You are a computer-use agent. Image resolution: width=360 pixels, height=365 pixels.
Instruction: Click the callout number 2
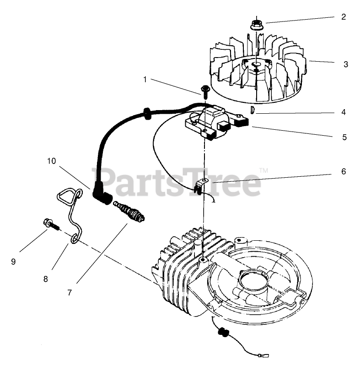click(343, 18)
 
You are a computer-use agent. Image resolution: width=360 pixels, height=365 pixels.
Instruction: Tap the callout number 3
click(345, 64)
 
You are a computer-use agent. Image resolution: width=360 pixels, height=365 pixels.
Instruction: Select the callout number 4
click(343, 112)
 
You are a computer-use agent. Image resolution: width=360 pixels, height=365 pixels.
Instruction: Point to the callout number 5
click(343, 137)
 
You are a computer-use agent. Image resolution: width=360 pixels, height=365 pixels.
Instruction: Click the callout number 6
click(343, 172)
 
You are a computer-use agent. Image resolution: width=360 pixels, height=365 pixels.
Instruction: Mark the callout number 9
click(13, 261)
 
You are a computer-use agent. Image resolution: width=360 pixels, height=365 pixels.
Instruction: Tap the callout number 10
click(51, 161)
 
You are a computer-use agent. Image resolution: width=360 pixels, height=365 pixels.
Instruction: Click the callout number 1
click(145, 79)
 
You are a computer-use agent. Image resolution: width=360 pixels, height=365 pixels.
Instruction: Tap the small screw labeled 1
click(204, 90)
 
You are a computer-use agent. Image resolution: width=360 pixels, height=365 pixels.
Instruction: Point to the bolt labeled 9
click(50, 224)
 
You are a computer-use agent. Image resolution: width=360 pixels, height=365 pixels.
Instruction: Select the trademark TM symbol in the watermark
click(263, 170)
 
